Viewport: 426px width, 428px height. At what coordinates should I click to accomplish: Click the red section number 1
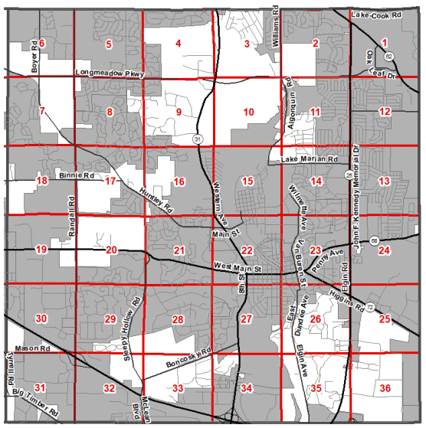(385, 42)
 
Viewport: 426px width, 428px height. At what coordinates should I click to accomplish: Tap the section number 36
(385, 388)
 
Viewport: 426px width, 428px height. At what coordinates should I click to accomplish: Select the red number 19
(41, 250)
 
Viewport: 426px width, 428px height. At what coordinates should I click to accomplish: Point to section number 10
(248, 113)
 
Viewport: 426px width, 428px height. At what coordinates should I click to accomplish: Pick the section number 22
(247, 250)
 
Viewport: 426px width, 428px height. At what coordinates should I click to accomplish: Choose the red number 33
(178, 389)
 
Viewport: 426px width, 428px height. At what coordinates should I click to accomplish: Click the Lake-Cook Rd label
(376, 15)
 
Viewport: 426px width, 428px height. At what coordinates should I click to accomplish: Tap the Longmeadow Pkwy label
(110, 74)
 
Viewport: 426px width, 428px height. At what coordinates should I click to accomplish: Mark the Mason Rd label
(31, 348)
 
